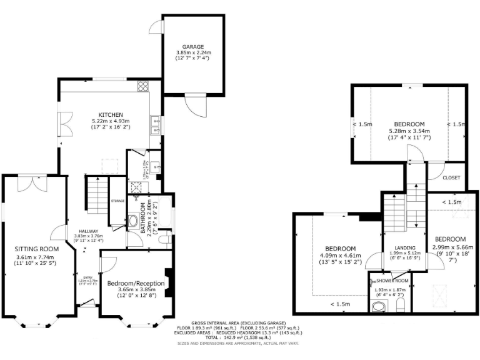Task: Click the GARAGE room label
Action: (192, 47)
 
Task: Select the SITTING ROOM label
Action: (37, 249)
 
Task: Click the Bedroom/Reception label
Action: (136, 283)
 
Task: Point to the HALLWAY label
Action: (82, 230)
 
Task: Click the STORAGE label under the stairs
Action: (117, 201)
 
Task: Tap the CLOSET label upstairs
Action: (451, 177)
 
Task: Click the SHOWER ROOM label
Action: (392, 281)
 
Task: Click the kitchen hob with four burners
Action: (142, 86)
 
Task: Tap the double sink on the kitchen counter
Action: (154, 125)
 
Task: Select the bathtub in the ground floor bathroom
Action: (166, 216)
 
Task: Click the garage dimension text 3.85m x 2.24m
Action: (192, 53)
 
